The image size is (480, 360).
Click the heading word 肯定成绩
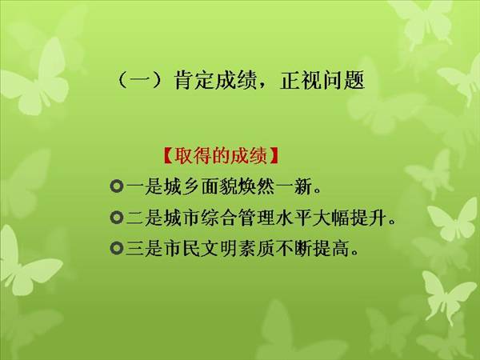coord(215,81)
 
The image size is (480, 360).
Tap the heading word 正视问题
coord(322,81)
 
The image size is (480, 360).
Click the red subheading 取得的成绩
coord(221,156)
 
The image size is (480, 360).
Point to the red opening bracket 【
coord(168,156)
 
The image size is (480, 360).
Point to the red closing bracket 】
coord(274,156)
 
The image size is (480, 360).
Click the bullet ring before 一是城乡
coord(116,186)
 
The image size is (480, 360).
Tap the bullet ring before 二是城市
coord(116,218)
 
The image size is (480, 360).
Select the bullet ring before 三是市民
coord(116,248)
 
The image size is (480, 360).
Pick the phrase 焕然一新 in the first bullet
coord(275,186)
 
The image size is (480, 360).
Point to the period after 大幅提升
coord(392,222)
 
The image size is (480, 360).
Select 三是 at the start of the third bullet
coord(144,248)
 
